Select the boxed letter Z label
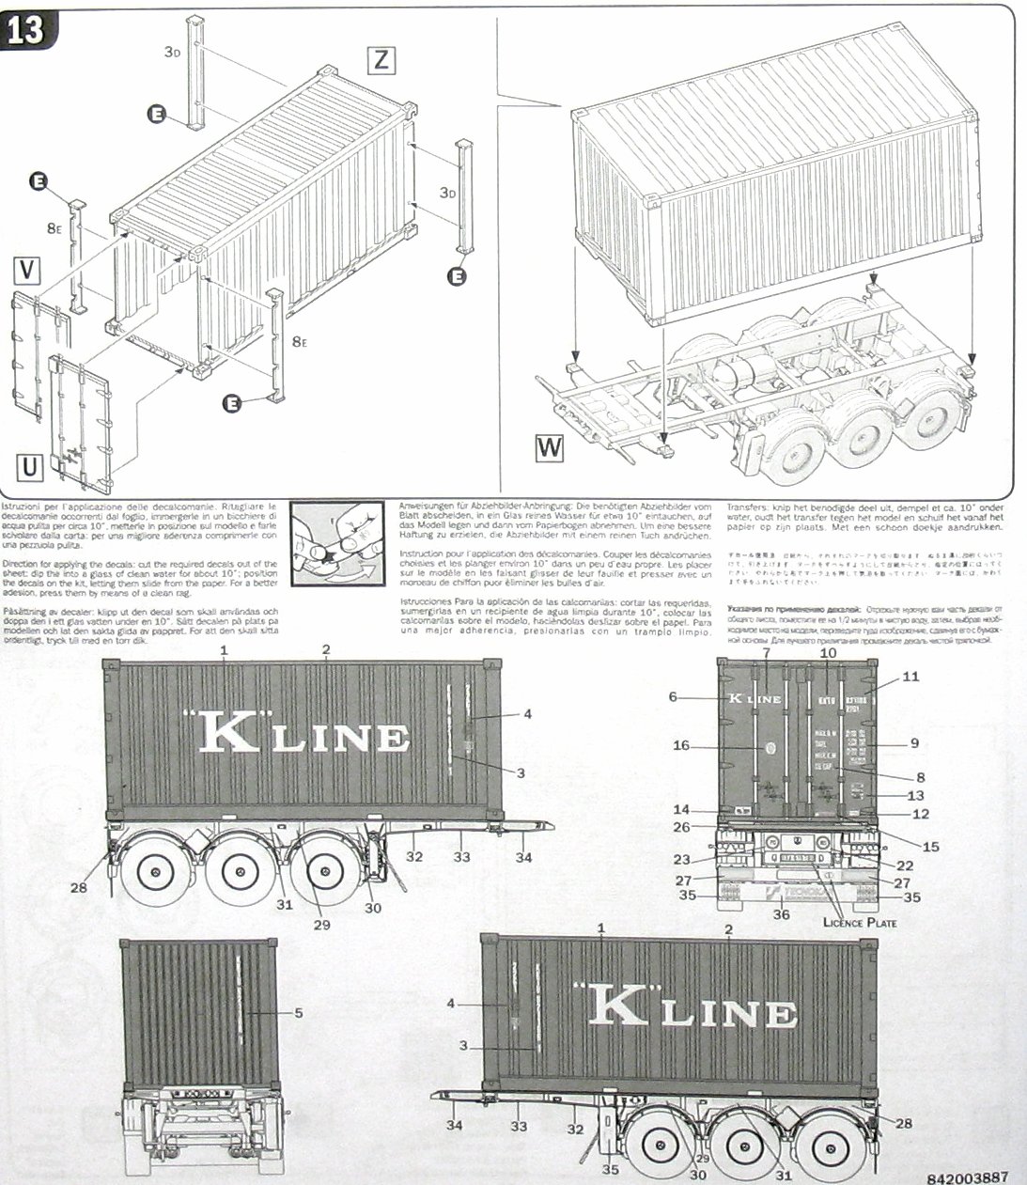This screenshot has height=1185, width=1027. pyautogui.click(x=380, y=60)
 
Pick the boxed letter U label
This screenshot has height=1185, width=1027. pyautogui.click(x=30, y=466)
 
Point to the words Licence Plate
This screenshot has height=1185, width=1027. pyautogui.click(x=860, y=922)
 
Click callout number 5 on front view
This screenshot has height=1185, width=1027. pyautogui.click(x=298, y=1012)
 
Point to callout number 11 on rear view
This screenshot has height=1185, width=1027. pyautogui.click(x=910, y=677)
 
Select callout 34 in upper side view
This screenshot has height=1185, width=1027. pyautogui.click(x=523, y=857)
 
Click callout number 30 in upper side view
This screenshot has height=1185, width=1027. pyautogui.click(x=374, y=908)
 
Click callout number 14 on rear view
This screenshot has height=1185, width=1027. pyautogui.click(x=683, y=809)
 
